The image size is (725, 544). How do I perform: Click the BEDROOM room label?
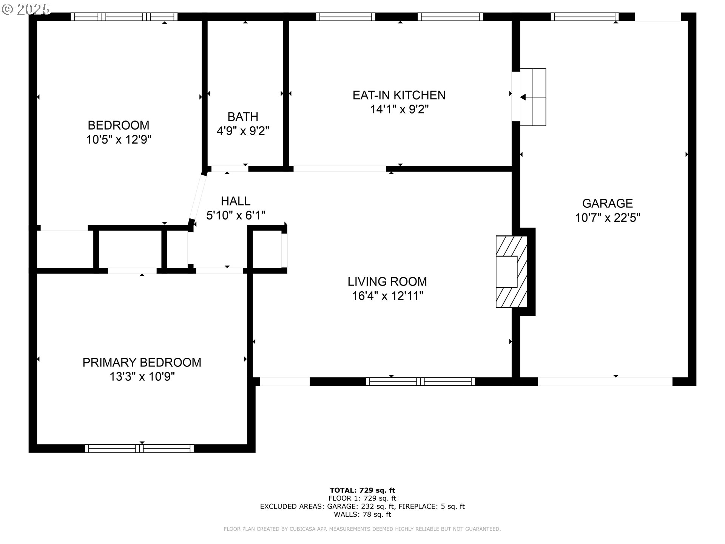click(x=119, y=125)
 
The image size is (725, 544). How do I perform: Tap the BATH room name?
click(x=243, y=116)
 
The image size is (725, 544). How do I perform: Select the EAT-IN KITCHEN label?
click(x=399, y=95)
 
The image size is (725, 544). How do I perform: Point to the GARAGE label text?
click(x=608, y=203)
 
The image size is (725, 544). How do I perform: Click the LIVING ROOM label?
click(x=387, y=281)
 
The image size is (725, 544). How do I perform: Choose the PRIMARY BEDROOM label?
click(x=142, y=362)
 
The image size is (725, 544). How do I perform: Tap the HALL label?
click(x=236, y=201)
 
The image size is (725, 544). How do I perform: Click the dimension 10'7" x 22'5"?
click(x=608, y=218)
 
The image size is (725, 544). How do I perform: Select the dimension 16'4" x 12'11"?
click(x=387, y=296)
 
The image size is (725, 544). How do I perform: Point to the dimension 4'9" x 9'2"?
click(x=243, y=131)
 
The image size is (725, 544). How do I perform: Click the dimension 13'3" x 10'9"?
click(x=142, y=377)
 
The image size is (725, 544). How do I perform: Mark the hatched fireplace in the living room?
click(x=511, y=272)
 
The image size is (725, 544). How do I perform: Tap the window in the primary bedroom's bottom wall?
click(x=139, y=448)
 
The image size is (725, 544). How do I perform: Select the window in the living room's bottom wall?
click(x=420, y=382)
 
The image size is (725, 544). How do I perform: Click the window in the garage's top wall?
click(x=585, y=17)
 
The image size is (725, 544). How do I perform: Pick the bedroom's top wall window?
click(x=124, y=17)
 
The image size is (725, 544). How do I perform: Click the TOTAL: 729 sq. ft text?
click(x=362, y=491)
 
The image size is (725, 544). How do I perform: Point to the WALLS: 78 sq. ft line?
click(x=362, y=515)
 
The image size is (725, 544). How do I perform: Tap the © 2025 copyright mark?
click(x=26, y=9)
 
